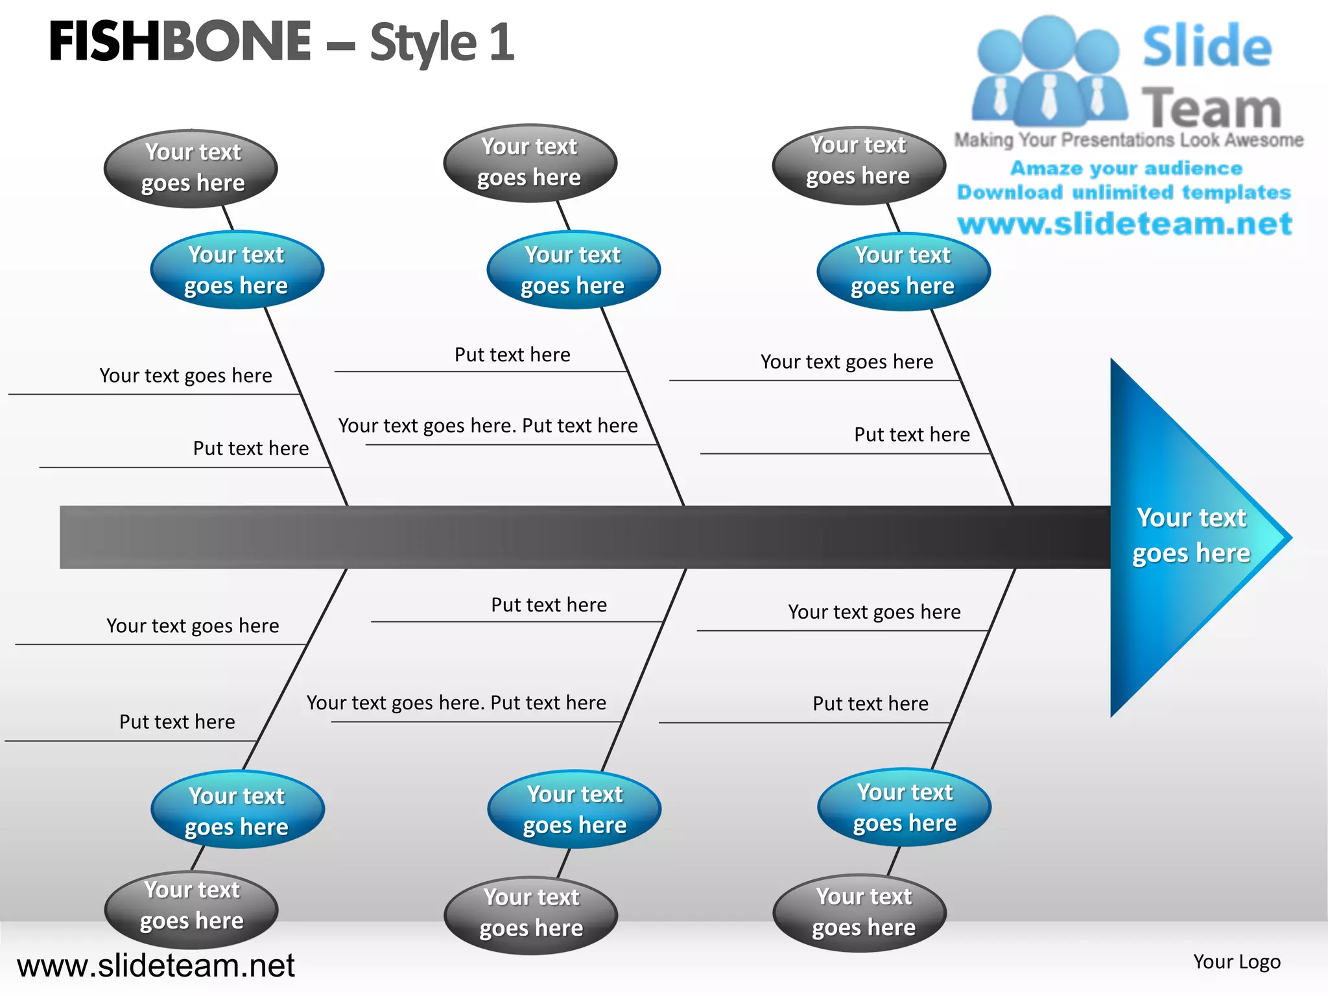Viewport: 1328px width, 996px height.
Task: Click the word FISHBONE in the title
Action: (x=180, y=41)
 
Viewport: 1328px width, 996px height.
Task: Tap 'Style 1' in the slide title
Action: (x=442, y=43)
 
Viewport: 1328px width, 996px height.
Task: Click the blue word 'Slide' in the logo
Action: (x=1207, y=47)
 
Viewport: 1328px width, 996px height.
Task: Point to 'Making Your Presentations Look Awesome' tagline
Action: (x=1128, y=140)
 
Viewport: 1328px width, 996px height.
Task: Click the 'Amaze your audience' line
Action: (x=1126, y=169)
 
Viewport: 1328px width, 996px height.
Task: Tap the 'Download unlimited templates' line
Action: (x=1124, y=193)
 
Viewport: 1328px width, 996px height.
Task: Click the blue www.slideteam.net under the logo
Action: (x=1124, y=224)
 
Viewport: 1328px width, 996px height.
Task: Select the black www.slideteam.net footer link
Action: (x=156, y=966)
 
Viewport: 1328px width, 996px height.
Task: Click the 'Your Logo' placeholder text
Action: (x=1237, y=962)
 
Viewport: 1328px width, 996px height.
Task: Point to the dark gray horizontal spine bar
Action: (x=584, y=537)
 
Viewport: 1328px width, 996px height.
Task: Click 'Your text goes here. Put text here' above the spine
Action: (x=488, y=426)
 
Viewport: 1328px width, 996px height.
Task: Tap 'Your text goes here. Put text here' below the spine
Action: (x=456, y=703)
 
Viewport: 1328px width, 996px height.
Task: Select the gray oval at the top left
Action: (x=191, y=169)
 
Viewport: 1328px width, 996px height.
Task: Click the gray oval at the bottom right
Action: (x=860, y=912)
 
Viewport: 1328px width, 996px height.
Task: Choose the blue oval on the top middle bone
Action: (x=573, y=270)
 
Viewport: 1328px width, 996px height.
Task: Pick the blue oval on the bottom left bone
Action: (x=237, y=811)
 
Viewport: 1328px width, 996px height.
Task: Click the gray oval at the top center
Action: (x=530, y=163)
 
